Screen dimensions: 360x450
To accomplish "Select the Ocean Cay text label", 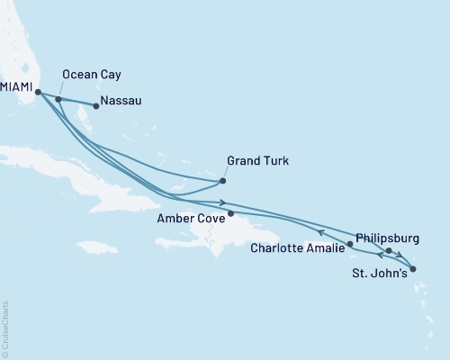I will tap(91, 75).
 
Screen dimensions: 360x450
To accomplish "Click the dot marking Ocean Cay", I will tap(58, 100).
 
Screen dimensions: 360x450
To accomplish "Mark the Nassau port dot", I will tap(96, 106).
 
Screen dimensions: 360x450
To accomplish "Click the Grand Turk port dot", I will tap(223, 182).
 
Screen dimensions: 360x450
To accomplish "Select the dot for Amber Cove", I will tap(231, 214).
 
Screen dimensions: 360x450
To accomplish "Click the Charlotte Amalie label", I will tap(298, 247).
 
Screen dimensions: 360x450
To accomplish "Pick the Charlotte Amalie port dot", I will tap(350, 244).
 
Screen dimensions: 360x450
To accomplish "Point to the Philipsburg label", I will tap(387, 238).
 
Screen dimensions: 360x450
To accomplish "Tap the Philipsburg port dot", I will tap(389, 251).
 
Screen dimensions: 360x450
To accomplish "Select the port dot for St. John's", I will tap(412, 268).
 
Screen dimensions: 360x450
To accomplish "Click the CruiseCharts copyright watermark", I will tap(5, 328).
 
